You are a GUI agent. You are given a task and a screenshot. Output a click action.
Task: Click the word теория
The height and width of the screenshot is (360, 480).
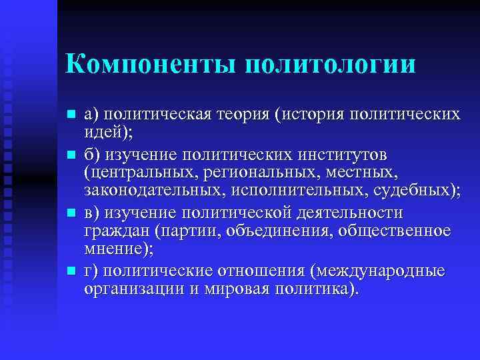tap(238, 114)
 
